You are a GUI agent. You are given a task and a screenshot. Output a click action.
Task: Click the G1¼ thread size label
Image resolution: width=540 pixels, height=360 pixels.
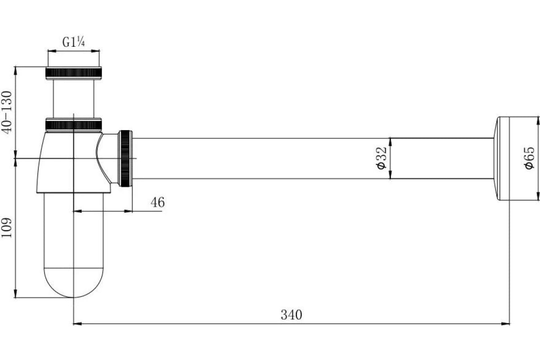[73, 42]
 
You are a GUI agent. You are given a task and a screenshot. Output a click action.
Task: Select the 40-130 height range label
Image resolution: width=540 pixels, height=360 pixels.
[6, 112]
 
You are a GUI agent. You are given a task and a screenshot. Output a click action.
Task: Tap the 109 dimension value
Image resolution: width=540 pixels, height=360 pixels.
[6, 228]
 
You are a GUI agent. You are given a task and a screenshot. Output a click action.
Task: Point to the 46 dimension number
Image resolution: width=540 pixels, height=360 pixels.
[157, 202]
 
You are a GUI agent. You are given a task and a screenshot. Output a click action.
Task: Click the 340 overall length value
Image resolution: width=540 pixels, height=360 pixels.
[291, 315]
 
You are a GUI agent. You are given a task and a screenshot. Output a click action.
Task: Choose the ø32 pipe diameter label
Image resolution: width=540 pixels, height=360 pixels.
[382, 158]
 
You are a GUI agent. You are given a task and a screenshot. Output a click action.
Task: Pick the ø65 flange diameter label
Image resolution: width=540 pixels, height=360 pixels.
[529, 158]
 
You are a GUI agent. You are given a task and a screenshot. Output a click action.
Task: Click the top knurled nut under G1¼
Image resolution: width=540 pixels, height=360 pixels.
[73, 73]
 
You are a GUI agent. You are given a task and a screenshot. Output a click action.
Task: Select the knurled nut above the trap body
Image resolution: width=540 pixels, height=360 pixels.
[73, 125]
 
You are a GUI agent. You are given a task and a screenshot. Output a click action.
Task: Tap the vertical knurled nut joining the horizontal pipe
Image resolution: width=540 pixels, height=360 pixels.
[126, 158]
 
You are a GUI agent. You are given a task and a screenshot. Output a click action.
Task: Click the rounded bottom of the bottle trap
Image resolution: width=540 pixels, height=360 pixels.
[73, 283]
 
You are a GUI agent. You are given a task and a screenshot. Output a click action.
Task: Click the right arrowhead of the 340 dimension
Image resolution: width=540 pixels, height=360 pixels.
[505, 324]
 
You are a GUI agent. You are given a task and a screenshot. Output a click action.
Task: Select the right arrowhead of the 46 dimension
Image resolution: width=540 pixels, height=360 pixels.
[128, 211]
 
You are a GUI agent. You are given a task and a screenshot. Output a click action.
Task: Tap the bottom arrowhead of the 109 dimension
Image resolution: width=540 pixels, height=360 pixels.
[15, 293]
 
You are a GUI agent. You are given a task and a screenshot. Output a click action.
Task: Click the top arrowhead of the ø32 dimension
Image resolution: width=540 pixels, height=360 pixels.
[390, 143]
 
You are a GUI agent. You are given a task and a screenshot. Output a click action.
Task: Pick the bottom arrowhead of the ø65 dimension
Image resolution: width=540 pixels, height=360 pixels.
[538, 196]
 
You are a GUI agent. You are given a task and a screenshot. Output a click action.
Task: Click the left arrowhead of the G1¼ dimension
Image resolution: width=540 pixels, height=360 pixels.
[52, 51]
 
